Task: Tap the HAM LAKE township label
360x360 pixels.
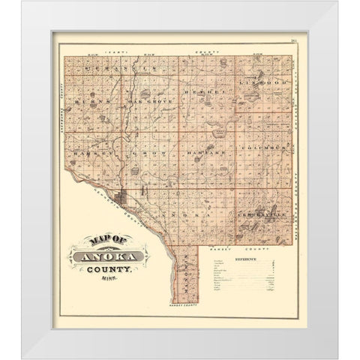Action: (x=197, y=152)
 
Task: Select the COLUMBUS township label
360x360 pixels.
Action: (x=264, y=149)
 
